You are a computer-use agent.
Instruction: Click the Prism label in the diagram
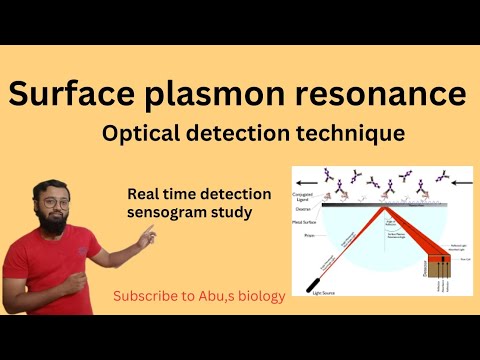[307, 234]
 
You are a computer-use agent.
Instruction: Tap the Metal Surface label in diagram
[304, 222]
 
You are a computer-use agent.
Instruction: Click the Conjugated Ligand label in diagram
[303, 196]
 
